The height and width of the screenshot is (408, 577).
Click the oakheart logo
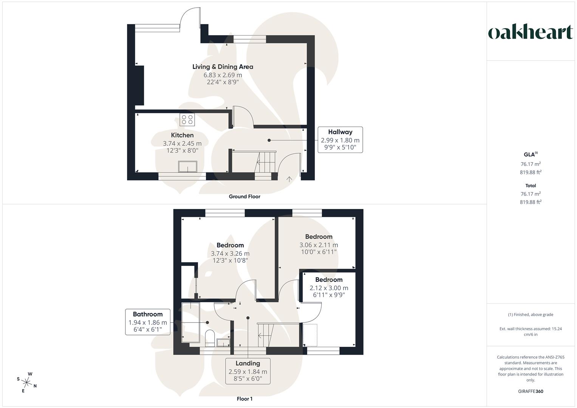[530, 32]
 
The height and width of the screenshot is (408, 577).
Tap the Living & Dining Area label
[223, 67]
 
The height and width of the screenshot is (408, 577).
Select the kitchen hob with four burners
[187, 120]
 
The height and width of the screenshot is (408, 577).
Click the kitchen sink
[187, 167]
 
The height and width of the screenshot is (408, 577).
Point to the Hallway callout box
[340, 139]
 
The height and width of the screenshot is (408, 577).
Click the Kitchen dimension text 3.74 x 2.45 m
[182, 144]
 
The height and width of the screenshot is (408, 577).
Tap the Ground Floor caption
[244, 196]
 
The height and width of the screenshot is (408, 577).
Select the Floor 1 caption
[244, 399]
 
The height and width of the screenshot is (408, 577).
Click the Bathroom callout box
[148, 322]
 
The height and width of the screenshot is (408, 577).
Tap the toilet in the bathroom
[210, 337]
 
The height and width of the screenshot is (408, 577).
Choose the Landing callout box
[248, 371]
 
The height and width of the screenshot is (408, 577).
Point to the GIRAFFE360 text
[531, 391]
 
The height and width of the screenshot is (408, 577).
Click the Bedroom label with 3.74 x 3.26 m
[230, 245]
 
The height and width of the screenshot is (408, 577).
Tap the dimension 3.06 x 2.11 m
[319, 245]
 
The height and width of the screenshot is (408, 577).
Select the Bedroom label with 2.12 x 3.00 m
[329, 280]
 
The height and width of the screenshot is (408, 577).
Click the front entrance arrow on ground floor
[289, 179]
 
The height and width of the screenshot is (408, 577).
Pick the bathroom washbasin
[223, 343]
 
